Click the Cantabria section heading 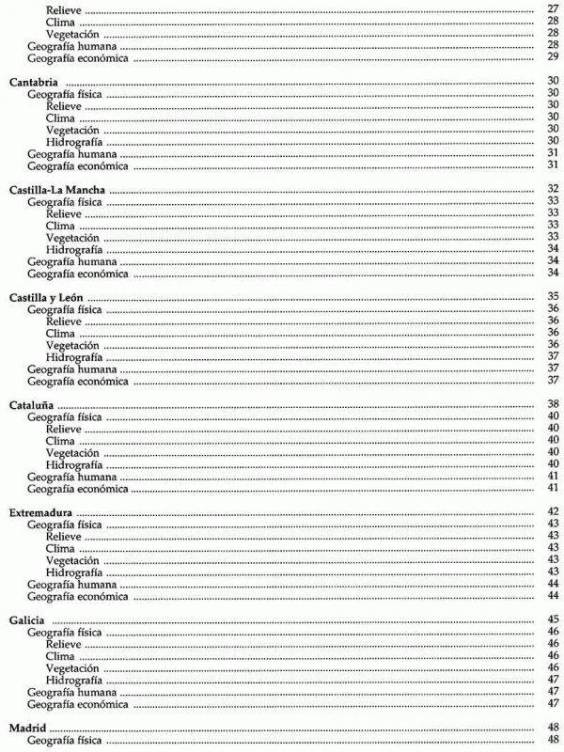pyautogui.click(x=35, y=82)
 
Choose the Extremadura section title pyautogui.click(x=40, y=511)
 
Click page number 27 pyautogui.click(x=553, y=8)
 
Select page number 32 pyautogui.click(x=553, y=190)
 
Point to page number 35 pyautogui.click(x=553, y=297)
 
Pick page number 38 pyautogui.click(x=553, y=404)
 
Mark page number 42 pyautogui.click(x=553, y=511)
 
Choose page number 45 pyautogui.click(x=553, y=619)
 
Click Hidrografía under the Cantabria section pyautogui.click(x=73, y=142)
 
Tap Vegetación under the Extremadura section pyautogui.click(x=73, y=559)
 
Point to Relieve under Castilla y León pyautogui.click(x=64, y=321)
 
